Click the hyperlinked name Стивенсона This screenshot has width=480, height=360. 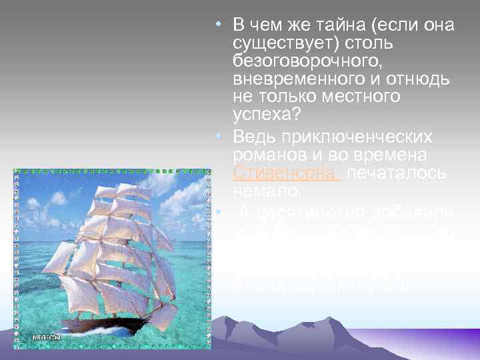(x=267, y=173)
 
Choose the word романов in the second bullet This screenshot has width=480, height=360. (x=263, y=155)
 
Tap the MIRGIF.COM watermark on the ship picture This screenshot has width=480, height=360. (x=47, y=337)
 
